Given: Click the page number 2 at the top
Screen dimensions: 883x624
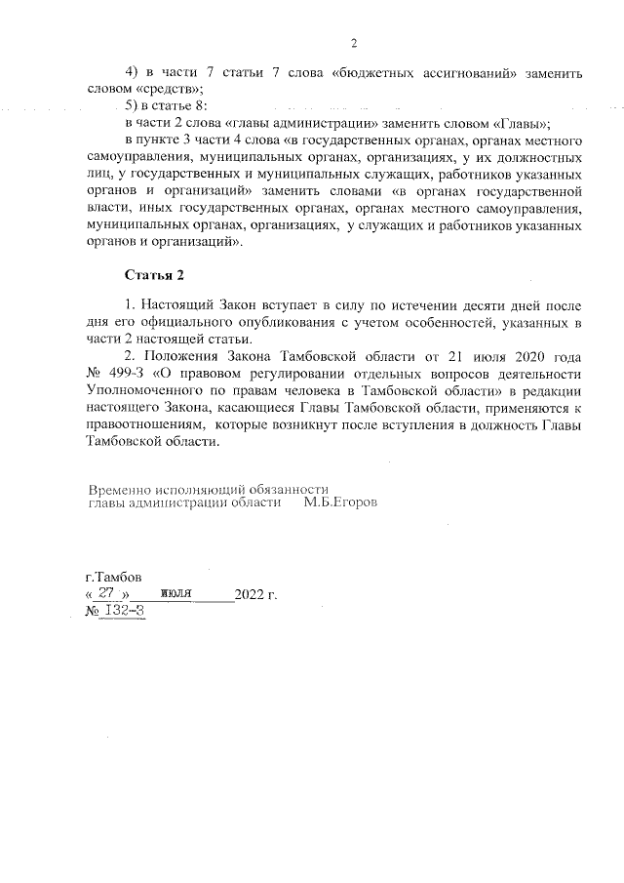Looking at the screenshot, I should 354,43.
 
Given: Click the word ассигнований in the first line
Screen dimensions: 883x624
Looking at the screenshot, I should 467,72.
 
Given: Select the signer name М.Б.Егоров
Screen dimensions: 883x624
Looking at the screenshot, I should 340,504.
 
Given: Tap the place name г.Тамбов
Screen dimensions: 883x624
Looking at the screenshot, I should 113,576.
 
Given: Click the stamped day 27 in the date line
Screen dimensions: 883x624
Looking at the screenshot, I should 107,593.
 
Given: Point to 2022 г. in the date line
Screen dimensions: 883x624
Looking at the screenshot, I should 256,594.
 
